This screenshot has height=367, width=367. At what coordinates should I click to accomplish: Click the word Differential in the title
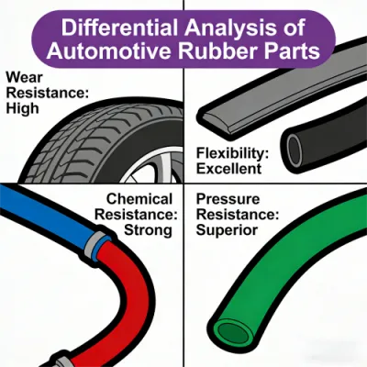click(x=120, y=28)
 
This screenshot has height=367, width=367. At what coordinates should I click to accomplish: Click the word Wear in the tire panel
click(x=24, y=77)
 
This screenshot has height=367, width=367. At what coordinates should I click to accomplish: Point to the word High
click(x=23, y=108)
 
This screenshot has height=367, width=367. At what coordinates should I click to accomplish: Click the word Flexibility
click(x=232, y=154)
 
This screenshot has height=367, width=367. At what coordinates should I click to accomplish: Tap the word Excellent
click(x=228, y=169)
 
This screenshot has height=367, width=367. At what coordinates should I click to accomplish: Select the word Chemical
click(x=139, y=199)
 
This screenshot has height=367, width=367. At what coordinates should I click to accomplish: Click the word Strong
click(x=148, y=230)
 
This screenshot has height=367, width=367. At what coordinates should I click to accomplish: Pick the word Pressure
click(x=228, y=199)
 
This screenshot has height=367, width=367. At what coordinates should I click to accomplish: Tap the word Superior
click(x=227, y=230)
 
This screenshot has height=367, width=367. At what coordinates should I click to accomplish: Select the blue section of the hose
click(x=46, y=214)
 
